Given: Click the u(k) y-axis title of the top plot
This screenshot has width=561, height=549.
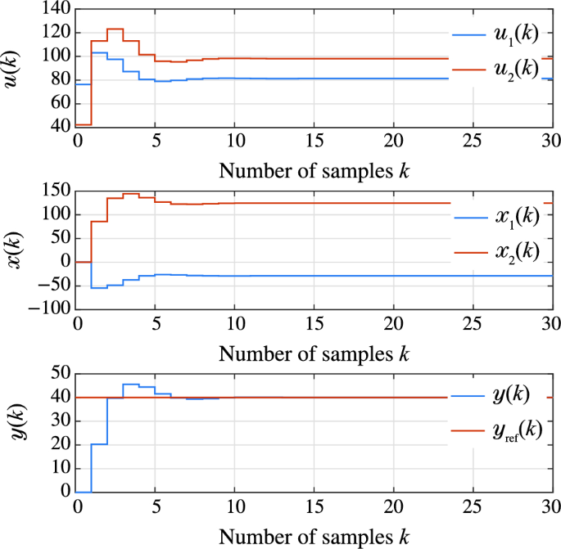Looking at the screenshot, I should coord(14,67).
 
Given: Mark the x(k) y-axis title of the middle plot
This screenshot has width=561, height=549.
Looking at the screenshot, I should coord(14,250).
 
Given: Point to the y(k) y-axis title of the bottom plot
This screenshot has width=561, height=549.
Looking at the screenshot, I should coord(14,432).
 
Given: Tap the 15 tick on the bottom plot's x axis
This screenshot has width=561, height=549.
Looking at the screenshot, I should coord(314,505).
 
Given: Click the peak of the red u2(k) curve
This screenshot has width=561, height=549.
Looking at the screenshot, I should coord(115,29).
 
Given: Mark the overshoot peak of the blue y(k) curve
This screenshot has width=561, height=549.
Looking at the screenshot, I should coord(130,384).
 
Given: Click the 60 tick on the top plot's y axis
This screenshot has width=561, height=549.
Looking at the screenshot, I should coord(59,103).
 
